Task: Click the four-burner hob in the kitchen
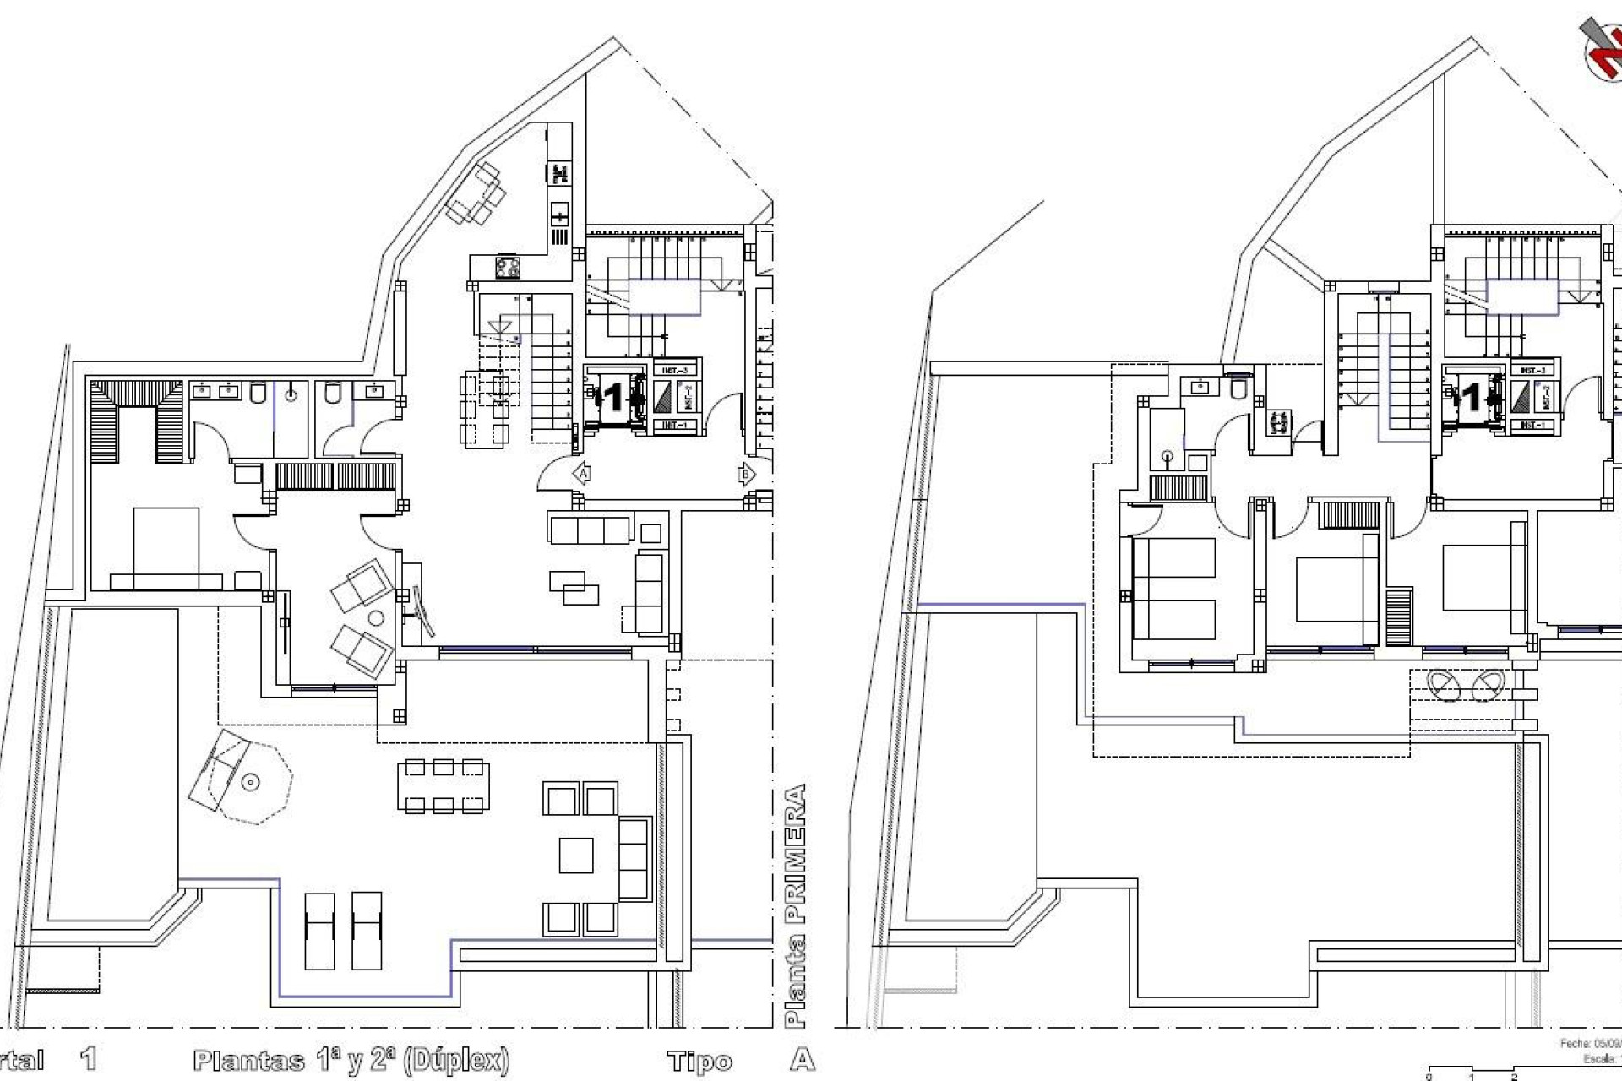[507, 268]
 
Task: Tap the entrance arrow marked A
[582, 475]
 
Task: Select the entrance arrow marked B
[746, 475]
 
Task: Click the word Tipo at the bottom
[699, 1061]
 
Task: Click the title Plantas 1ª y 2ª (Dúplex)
[351, 1061]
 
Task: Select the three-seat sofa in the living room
[590, 530]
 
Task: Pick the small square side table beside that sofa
[650, 533]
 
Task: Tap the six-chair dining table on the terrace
[444, 785]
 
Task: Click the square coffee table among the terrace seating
[575, 855]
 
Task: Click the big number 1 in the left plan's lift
[614, 398]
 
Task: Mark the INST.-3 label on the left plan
[675, 370]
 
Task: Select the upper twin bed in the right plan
[1173, 557]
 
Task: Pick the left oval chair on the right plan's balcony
[1445, 686]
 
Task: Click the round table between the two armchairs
[376, 618]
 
